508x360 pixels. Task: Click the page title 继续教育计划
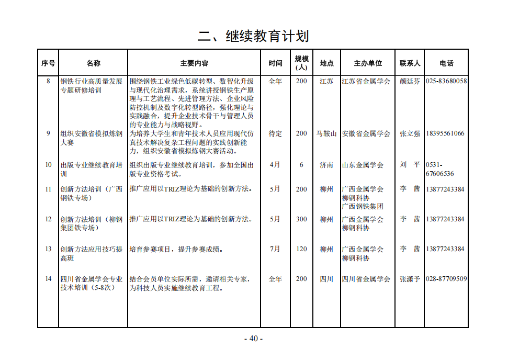point(253,36)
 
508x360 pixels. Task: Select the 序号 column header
point(48,63)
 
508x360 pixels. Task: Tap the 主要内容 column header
point(194,63)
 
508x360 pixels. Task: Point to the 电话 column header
point(446,63)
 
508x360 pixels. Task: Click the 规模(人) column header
point(301,63)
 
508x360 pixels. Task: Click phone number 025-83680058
point(446,81)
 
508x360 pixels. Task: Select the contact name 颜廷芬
point(410,82)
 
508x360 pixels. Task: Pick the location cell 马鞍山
point(326,133)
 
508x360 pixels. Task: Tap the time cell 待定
point(275,133)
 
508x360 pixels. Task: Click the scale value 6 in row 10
point(301,164)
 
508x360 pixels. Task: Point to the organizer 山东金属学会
point(363,165)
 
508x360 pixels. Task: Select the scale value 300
point(301,219)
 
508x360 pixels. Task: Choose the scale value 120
point(301,249)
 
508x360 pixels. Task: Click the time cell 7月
point(275,249)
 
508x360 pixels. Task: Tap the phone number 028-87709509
point(446,279)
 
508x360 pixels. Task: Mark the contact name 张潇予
point(410,279)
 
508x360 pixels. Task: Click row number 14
point(48,279)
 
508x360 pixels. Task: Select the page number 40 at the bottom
point(254,339)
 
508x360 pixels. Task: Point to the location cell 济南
point(326,165)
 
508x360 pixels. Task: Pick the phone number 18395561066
point(445,133)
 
